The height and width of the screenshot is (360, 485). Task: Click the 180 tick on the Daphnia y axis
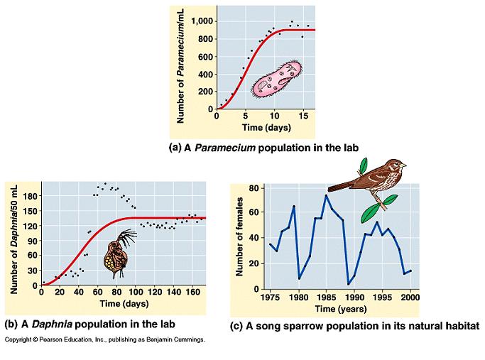(28, 196)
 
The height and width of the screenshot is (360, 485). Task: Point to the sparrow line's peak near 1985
(326, 195)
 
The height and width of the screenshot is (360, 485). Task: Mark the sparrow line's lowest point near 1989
(348, 285)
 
